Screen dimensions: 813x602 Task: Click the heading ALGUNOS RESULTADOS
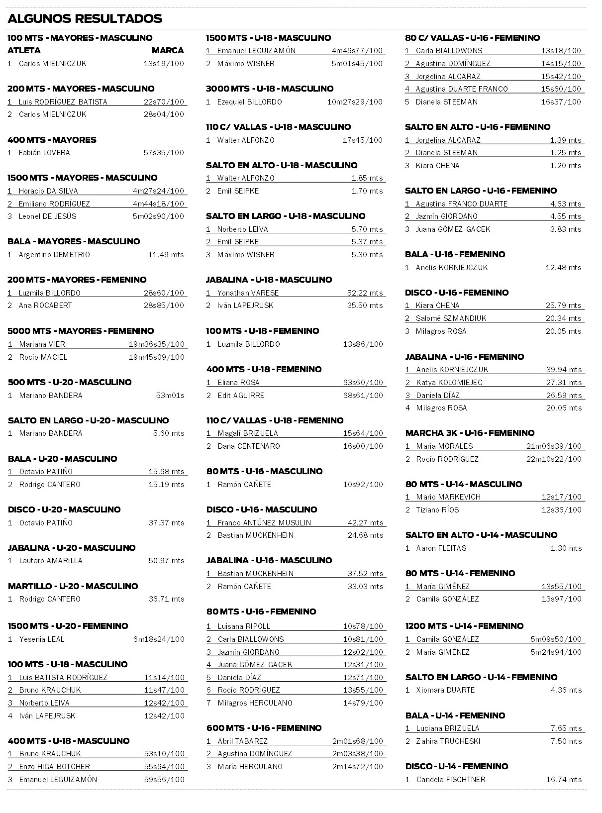(85, 19)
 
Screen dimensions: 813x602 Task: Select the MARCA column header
(168, 50)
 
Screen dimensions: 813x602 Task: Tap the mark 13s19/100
(164, 64)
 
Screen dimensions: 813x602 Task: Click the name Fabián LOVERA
(44, 153)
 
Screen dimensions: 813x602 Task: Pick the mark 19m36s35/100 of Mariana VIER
(156, 344)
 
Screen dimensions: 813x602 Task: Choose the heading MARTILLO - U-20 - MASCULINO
(73, 586)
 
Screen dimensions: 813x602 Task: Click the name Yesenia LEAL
(42, 639)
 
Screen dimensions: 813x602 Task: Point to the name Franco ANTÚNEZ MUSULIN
(264, 523)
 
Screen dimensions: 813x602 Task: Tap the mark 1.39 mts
(566, 140)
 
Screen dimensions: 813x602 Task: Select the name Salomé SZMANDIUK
(451, 318)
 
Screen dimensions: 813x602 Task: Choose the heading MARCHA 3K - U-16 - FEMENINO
(470, 433)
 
